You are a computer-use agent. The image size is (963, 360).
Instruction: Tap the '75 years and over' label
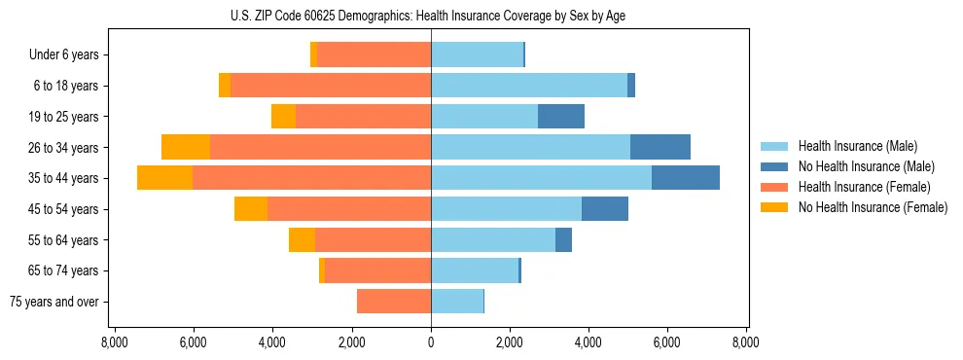coord(53,303)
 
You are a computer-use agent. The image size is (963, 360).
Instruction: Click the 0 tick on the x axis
coord(431,343)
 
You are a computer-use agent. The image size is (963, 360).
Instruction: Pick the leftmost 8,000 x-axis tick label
coord(115,343)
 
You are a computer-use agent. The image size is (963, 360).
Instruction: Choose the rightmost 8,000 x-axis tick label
coord(746,343)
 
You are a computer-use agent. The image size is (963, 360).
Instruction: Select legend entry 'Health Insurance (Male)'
coord(858,146)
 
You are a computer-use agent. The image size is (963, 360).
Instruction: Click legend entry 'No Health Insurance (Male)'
coord(866,166)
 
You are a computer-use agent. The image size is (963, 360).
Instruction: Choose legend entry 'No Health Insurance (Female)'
coord(873,207)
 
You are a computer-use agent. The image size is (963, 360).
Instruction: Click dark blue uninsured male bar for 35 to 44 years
coord(686,178)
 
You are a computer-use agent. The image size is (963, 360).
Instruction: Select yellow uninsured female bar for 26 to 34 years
coord(186,147)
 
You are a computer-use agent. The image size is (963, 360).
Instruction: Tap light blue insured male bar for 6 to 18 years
coord(529,86)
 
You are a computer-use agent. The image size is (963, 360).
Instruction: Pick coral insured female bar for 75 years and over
coord(394,302)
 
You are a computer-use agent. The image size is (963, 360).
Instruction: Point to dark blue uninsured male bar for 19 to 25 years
coord(561,117)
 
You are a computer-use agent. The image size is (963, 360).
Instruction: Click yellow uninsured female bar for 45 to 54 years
coord(251,209)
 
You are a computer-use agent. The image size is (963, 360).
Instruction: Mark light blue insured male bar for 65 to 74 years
coord(475,270)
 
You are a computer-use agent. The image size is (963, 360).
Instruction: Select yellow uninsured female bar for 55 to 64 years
coord(302,240)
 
